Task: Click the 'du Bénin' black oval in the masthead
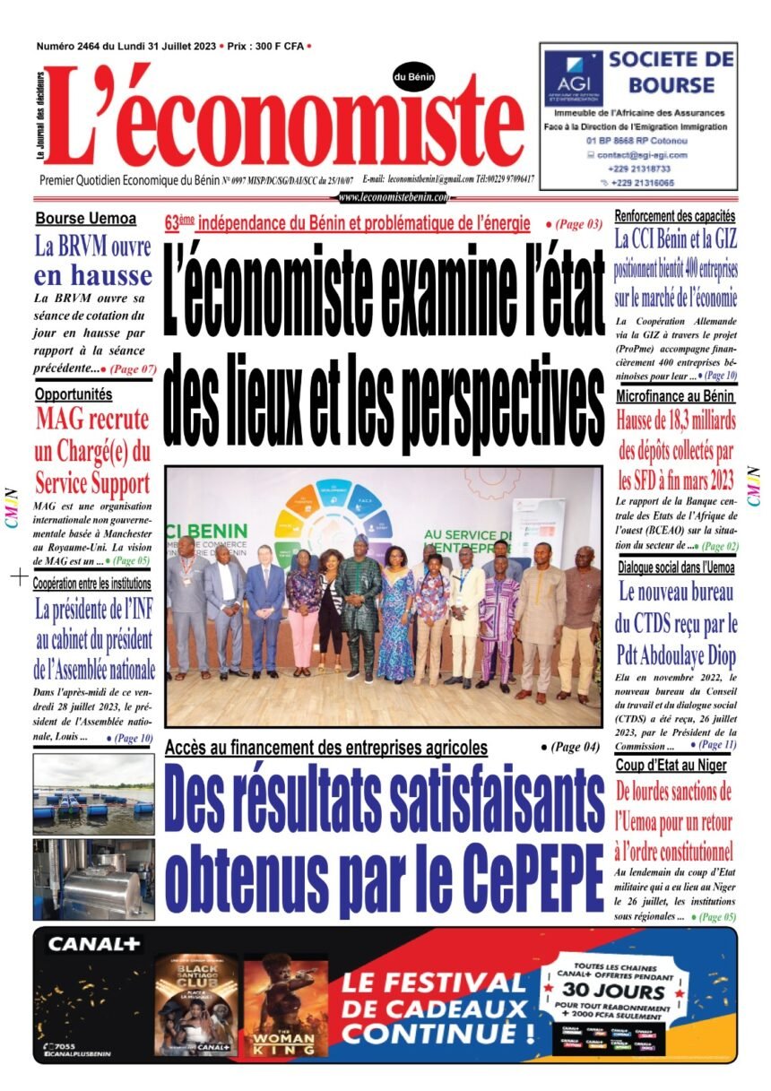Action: (x=413, y=77)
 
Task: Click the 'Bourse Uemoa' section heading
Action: (x=86, y=218)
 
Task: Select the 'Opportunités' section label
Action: (x=74, y=394)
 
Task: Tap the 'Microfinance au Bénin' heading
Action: (x=675, y=395)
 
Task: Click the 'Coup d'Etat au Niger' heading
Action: (x=671, y=765)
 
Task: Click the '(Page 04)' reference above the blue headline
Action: (x=570, y=746)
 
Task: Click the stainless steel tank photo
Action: (x=93, y=879)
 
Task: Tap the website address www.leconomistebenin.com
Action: (x=396, y=197)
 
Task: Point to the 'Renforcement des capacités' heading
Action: (x=675, y=216)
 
